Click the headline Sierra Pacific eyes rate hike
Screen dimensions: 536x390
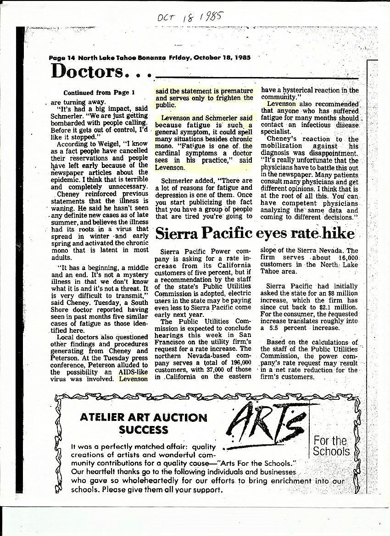pos(255,233)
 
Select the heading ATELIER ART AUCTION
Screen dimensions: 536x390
pos(144,418)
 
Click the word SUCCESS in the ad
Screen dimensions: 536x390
pos(144,430)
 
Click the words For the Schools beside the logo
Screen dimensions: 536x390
pos(331,446)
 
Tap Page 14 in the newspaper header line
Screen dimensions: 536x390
pos(62,58)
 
